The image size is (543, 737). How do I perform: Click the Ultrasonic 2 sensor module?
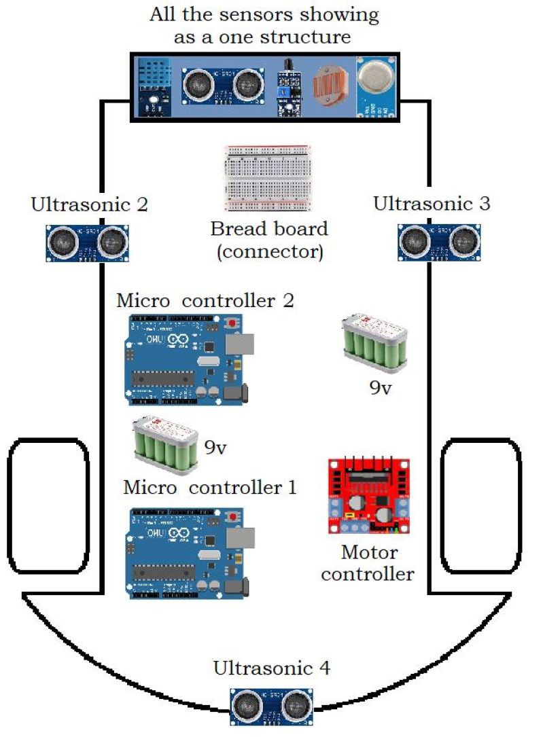pos(87,242)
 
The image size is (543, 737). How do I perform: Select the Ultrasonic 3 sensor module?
pos(440,242)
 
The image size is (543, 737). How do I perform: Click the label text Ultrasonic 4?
pos(271,668)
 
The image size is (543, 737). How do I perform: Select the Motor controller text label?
pos(368,563)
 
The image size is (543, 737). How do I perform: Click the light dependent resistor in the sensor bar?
pos(331,88)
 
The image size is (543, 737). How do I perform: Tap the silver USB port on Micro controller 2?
pos(244,345)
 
